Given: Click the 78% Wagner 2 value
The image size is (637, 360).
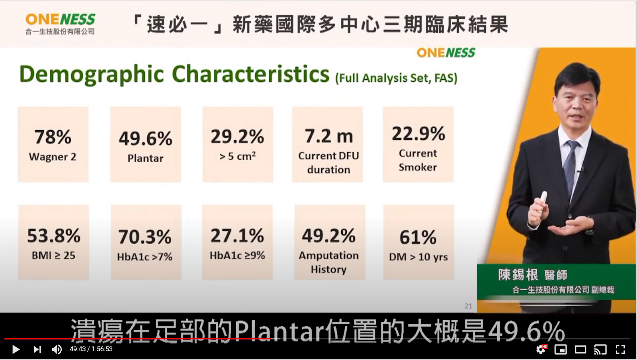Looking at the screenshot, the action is tap(53, 137).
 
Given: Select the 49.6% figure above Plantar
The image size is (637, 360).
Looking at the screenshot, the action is tap(145, 139).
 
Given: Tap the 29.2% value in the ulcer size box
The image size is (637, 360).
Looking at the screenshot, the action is tap(237, 136).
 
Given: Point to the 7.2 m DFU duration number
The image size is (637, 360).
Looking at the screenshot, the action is tap(329, 136).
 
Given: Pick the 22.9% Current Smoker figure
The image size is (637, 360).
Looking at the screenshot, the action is tap(418, 134).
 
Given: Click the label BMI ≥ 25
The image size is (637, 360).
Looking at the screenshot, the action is tap(53, 255).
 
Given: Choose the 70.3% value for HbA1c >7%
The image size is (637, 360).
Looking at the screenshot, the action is tap(145, 237).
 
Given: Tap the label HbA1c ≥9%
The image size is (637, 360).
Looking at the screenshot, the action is tap(237, 255).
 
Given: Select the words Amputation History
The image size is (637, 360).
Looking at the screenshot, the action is tap(328, 262).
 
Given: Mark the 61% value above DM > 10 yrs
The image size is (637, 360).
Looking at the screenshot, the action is tap(418, 237).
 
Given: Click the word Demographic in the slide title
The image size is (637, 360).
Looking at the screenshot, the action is tap(92, 74).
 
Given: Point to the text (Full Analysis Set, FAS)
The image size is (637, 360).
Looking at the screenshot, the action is tap(397, 78).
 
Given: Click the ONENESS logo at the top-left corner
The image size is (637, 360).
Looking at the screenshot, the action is tap(60, 24).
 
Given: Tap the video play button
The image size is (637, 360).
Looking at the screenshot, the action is tap(16, 349).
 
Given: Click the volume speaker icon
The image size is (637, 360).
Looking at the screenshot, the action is tap(57, 349).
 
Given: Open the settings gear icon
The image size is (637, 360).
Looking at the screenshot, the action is tap(540, 349).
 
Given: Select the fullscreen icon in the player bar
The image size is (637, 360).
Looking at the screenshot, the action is tap(621, 349).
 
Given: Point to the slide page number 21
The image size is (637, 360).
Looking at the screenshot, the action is tap(468, 306).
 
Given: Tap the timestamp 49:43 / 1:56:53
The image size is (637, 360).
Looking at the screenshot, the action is tap(91, 349).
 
